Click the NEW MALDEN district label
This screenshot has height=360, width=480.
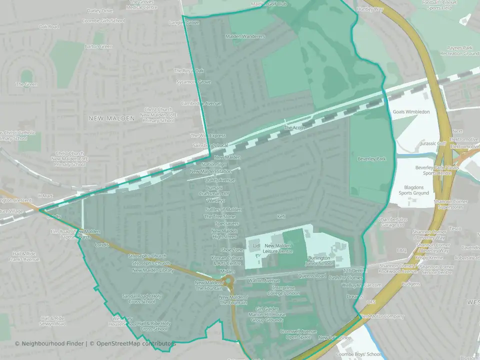(111, 118)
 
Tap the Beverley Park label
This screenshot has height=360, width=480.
(371, 159)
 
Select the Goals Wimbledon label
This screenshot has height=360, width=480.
(411, 111)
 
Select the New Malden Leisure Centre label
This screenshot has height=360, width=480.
(278, 248)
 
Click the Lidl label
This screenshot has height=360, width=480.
(257, 245)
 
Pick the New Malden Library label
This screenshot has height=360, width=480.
(153, 270)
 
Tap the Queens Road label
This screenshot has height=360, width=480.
(311, 276)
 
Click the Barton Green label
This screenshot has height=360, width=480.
(98, 46)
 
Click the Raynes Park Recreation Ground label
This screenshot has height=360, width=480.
(462, 50)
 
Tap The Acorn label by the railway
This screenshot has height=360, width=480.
(294, 128)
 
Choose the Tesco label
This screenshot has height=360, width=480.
(455, 228)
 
